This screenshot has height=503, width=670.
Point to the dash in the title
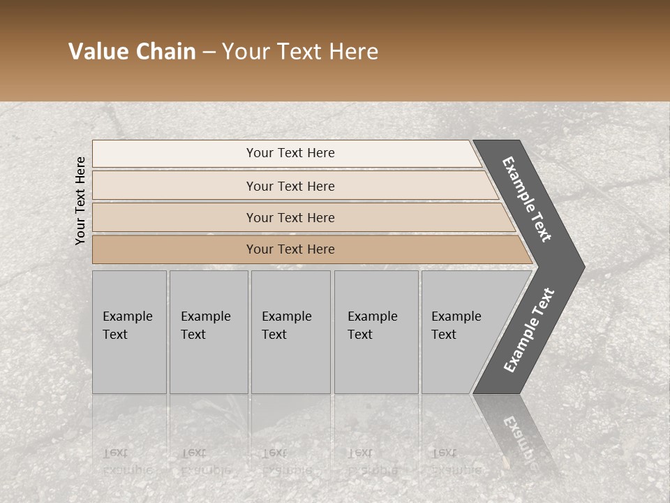pos(209,52)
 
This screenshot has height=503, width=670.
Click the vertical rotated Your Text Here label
pos(80,201)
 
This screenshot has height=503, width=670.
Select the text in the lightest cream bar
pos(290,153)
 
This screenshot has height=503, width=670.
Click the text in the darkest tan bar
pos(290,249)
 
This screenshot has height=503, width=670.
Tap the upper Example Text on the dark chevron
pos(527,199)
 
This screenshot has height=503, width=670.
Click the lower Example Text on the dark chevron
pos(528,330)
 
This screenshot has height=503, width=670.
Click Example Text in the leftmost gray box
pos(127,326)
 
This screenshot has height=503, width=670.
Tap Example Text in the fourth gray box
pos(372,326)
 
